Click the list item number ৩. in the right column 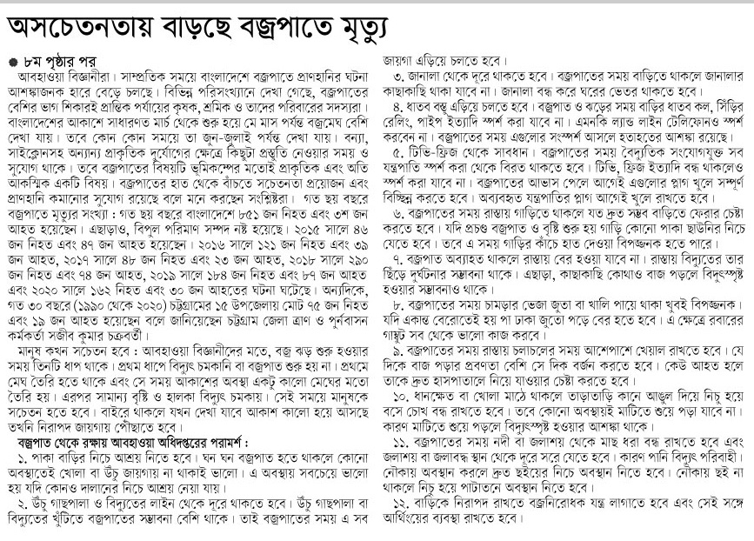tap(398, 77)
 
